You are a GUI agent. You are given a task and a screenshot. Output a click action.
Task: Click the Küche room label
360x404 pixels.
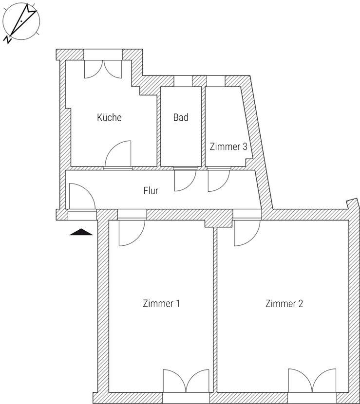tap(109, 117)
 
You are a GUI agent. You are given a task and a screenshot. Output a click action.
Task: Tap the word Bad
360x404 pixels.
tap(181, 117)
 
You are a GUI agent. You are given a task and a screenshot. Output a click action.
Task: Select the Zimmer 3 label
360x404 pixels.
tap(228, 147)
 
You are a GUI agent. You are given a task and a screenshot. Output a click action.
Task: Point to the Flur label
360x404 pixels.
tap(151, 191)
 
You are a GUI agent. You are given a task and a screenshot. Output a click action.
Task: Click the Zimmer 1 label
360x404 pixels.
tap(161, 303)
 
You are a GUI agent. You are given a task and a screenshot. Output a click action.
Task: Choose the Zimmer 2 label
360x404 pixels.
tap(284, 303)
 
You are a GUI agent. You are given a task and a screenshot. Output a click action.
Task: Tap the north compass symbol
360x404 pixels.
tap(21, 21)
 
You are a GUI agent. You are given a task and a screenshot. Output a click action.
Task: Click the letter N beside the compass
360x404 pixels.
tap(7, 39)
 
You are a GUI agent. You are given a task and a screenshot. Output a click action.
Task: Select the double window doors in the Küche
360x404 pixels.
tap(103, 69)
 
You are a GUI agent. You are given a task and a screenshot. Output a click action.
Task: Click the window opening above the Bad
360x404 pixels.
tap(183, 81)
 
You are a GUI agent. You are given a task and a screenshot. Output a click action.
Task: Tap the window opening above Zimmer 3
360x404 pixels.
tap(216, 81)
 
